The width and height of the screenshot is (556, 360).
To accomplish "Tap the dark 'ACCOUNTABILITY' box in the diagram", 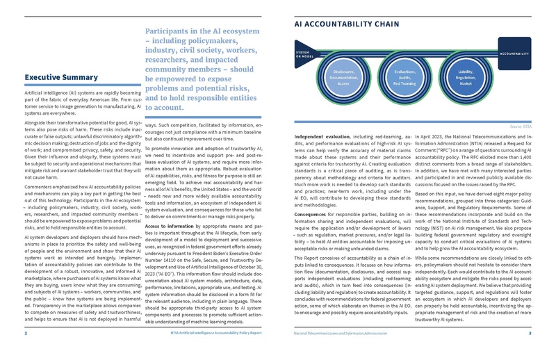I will [x=514, y=54].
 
